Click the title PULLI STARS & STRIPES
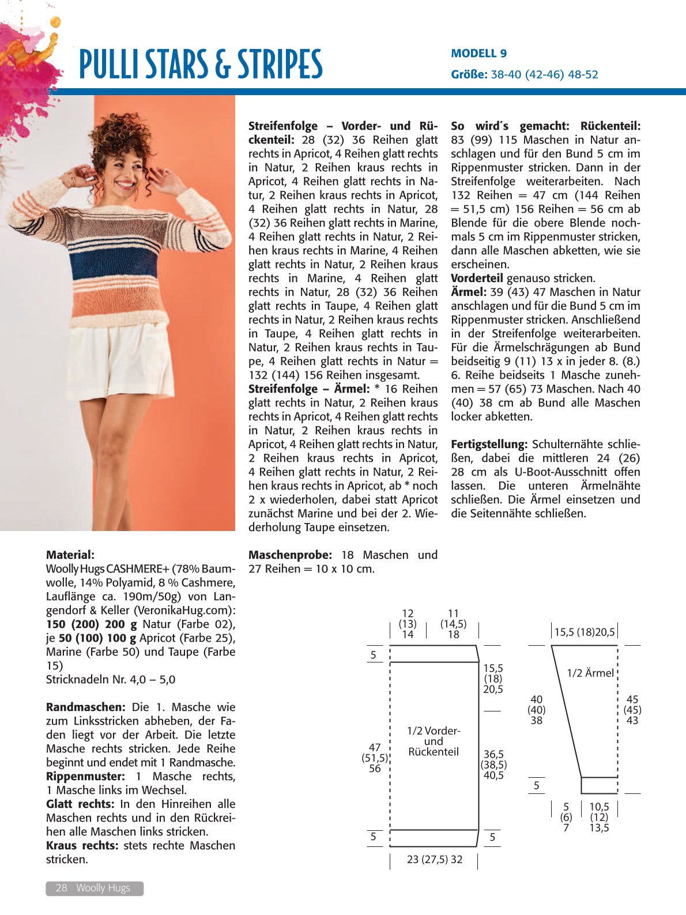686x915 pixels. point(200,64)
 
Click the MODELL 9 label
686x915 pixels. point(478,54)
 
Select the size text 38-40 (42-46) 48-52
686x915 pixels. point(544,74)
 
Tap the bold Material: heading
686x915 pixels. point(70,555)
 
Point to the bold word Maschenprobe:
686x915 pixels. point(290,555)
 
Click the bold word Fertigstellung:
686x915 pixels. point(489,444)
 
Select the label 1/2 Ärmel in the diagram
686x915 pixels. point(590,673)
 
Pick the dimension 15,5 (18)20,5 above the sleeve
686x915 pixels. point(585,632)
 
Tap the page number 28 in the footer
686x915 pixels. point(61,888)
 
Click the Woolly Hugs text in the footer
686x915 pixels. point(103,888)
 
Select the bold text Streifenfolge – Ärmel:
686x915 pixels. point(308,389)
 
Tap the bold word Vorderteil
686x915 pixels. point(476,278)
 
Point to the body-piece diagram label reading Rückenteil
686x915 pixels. point(434,752)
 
